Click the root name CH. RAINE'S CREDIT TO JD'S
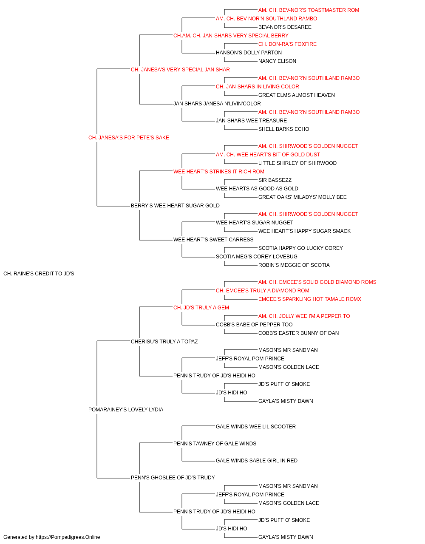click(39, 274)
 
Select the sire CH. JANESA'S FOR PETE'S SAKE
click(129, 138)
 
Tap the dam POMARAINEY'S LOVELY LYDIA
click(126, 410)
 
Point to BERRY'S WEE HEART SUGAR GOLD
click(175, 206)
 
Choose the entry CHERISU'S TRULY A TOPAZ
click(164, 342)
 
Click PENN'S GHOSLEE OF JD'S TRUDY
click(173, 478)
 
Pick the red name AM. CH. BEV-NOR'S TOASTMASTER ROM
click(309, 10)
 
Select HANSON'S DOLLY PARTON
click(249, 53)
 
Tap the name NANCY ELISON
click(277, 61)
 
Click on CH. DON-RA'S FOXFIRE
click(287, 44)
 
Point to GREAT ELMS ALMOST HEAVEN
click(296, 95)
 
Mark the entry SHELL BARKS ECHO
click(283, 129)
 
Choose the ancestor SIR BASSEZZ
click(275, 180)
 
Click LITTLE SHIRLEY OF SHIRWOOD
click(297, 163)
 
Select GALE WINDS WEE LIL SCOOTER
click(255, 427)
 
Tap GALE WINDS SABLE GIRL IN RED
click(257, 461)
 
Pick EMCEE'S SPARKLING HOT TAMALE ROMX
click(310, 299)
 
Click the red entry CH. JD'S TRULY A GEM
click(201, 308)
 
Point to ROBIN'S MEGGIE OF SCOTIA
click(294, 265)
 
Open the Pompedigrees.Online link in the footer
click(68, 537)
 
